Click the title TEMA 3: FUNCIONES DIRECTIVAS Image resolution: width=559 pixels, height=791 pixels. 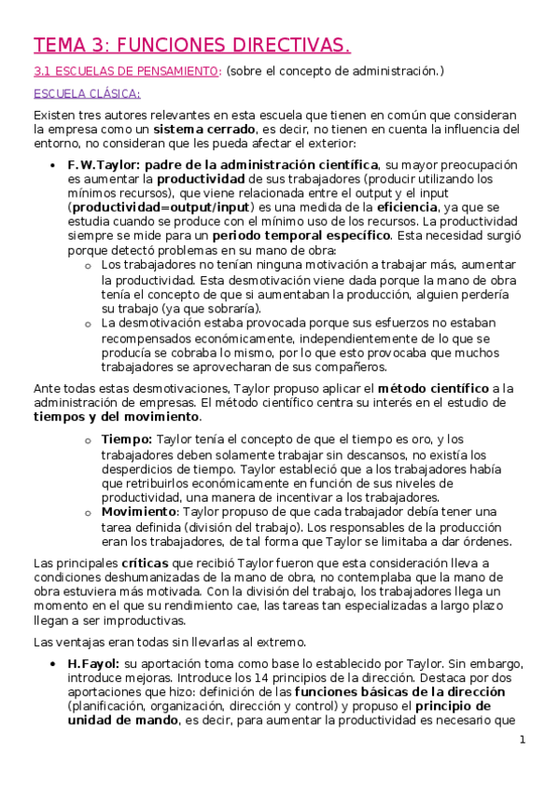click(192, 46)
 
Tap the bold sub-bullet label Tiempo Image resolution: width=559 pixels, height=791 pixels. click(126, 438)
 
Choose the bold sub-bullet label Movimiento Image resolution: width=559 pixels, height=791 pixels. click(138, 511)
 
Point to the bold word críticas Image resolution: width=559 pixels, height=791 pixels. click(143, 563)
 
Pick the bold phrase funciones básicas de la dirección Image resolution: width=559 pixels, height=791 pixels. click(400, 692)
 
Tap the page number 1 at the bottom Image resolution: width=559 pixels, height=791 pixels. click(524, 740)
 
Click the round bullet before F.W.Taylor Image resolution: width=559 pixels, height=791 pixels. click(52, 165)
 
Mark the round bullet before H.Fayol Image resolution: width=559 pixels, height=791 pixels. click(52, 664)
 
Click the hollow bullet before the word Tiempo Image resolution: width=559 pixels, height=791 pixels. click(87, 439)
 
